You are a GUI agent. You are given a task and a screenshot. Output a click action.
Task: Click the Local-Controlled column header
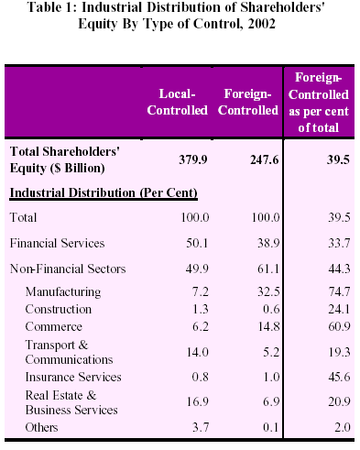point(177,102)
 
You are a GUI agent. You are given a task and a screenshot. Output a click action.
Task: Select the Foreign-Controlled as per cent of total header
point(319,103)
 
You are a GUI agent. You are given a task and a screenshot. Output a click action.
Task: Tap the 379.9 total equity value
point(193,159)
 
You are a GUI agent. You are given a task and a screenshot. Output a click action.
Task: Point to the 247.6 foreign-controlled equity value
point(265,159)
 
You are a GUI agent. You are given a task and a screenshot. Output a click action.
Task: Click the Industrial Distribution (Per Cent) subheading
point(104,193)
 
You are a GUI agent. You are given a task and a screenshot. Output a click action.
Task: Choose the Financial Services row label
point(57,243)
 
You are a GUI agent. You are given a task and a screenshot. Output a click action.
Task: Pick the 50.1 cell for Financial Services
point(197,243)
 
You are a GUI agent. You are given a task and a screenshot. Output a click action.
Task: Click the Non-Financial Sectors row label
point(68,269)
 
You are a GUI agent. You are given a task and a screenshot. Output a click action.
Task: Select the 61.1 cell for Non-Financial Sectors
point(268,269)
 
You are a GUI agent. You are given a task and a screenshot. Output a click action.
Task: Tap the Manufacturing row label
point(63,291)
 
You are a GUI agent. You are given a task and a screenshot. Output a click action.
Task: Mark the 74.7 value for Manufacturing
point(339,291)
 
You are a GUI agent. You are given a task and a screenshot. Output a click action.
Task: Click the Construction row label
point(59,309)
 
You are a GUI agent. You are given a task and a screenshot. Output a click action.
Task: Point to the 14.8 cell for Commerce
point(268,326)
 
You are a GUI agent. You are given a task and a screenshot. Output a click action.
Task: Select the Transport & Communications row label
point(69,352)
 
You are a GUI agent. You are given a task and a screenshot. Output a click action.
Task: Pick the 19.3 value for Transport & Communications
point(339,352)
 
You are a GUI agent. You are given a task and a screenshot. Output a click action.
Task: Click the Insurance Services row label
point(73,377)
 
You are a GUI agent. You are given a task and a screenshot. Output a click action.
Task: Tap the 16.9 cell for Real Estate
point(198,401)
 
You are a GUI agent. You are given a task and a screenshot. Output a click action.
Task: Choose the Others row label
point(41,427)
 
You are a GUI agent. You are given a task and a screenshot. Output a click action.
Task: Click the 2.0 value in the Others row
point(343,427)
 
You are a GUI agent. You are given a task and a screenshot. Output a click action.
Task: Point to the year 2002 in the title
point(262,24)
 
